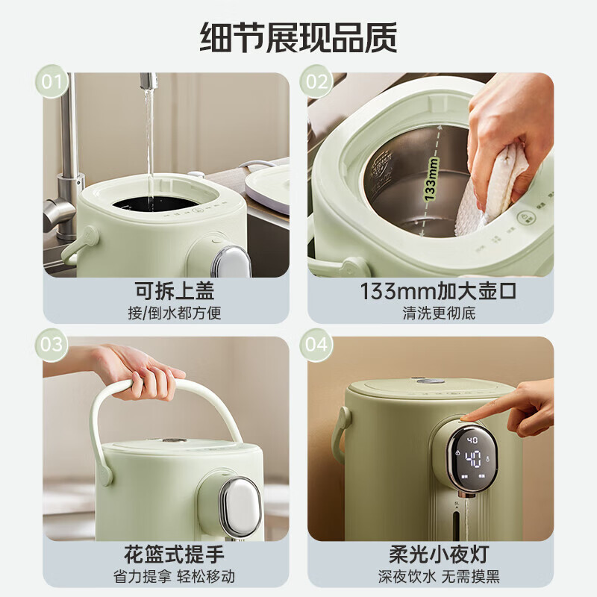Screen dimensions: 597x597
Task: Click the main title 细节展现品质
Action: point(298,37)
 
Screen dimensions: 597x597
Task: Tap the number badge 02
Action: point(316,82)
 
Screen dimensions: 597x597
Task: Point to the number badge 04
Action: point(316,345)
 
